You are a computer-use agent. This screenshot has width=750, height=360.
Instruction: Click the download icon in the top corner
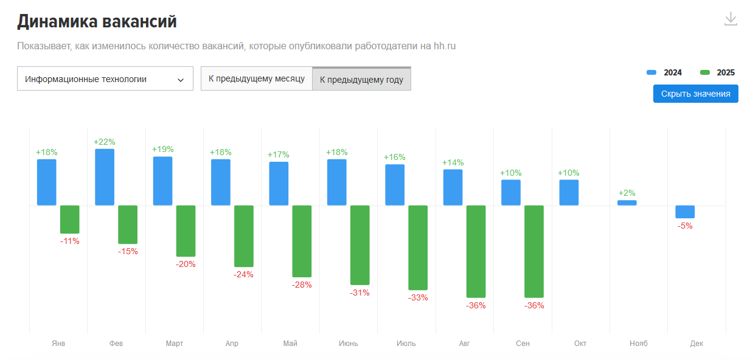click(731, 19)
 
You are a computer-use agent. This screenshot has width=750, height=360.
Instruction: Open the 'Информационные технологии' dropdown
click(105, 79)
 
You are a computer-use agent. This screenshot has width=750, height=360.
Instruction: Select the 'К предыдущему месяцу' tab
click(256, 79)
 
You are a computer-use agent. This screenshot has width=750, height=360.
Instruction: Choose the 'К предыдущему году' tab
click(361, 80)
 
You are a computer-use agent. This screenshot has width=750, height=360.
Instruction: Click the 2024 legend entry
click(665, 72)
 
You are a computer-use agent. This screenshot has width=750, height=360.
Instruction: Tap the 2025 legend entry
click(718, 72)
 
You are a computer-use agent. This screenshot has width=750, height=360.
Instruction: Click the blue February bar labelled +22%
click(105, 177)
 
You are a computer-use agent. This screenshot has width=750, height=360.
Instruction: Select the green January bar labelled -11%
click(70, 220)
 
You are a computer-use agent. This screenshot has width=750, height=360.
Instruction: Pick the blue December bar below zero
click(685, 212)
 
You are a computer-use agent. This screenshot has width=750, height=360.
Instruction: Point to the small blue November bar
click(627, 202)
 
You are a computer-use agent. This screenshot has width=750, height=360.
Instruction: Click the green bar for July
click(418, 247)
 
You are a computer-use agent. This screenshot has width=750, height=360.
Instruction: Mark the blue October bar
click(569, 192)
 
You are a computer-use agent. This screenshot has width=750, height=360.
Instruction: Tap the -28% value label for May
click(302, 285)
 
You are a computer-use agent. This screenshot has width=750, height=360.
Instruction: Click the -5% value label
click(685, 226)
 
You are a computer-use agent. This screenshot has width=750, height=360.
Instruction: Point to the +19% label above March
click(162, 150)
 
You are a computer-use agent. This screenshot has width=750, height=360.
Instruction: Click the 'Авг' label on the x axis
click(464, 344)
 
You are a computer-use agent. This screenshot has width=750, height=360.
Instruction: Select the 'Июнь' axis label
click(349, 344)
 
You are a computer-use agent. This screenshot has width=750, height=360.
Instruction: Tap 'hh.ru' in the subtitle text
click(445, 46)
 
